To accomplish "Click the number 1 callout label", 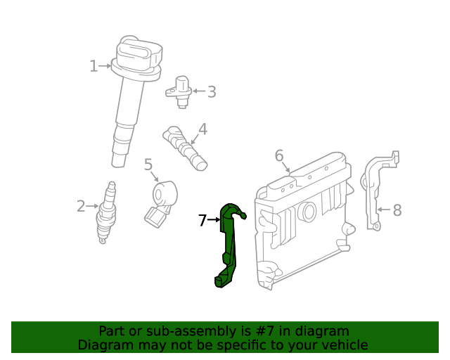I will pos(94,66).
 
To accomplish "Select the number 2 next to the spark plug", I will pos(81,206).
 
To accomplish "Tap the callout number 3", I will pos(211,91).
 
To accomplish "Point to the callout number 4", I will pos(202,129).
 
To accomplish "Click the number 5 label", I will pos(148,165).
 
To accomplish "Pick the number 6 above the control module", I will pos(279,155).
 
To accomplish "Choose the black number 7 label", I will pos(202,221).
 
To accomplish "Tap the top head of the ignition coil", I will pos(139,53).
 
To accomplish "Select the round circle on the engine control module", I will pos(307,212).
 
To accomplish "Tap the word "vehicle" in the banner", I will pos(344,345).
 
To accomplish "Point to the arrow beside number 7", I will pos(214,221).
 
